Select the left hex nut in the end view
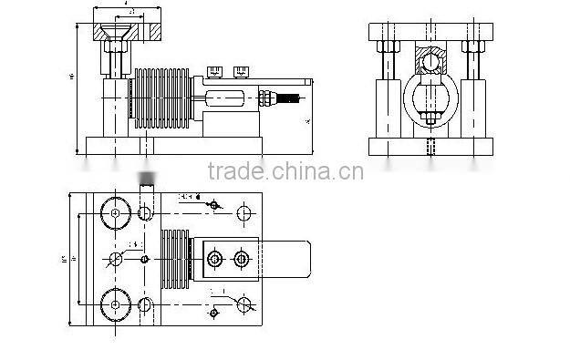(x=383, y=46)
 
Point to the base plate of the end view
(x=428, y=147)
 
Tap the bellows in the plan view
(x=174, y=259)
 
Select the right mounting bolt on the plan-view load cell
(x=241, y=260)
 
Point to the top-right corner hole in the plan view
(x=244, y=213)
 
